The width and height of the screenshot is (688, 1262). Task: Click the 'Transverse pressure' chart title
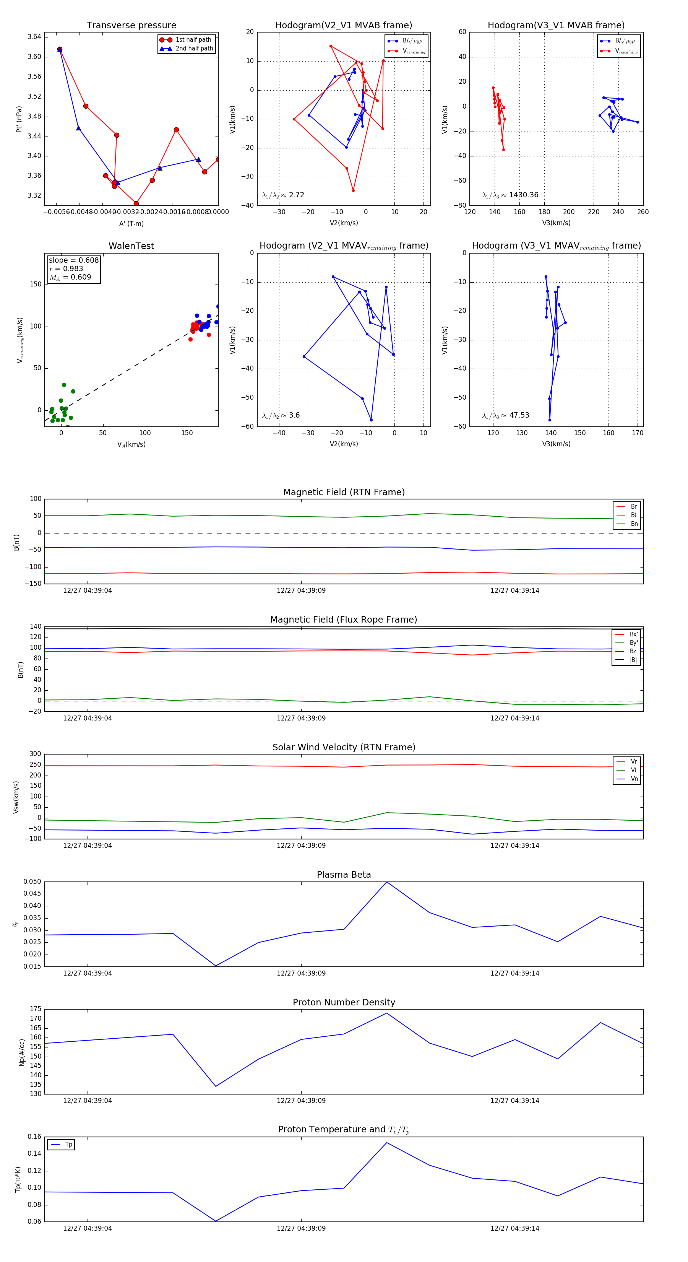tap(131, 26)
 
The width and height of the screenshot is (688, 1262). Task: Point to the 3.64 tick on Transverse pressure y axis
tap(34, 37)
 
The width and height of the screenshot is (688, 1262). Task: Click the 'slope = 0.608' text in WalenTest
tap(73, 260)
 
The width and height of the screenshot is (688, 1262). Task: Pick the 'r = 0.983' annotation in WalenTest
tap(66, 268)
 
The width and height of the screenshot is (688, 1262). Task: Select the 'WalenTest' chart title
tap(131, 246)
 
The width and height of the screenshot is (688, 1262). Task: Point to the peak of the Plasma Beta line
tap(386, 882)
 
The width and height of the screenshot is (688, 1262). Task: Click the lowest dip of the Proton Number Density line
tap(216, 1086)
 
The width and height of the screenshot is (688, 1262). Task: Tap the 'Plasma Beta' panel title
tap(344, 875)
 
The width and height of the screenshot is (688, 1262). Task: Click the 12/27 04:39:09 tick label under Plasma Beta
tap(301, 973)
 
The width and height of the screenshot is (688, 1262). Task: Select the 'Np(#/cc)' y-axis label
tap(21, 1052)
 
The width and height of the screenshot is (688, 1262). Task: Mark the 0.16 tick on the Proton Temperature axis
tap(34, 1137)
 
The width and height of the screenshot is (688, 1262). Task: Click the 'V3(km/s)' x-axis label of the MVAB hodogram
tap(556, 223)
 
